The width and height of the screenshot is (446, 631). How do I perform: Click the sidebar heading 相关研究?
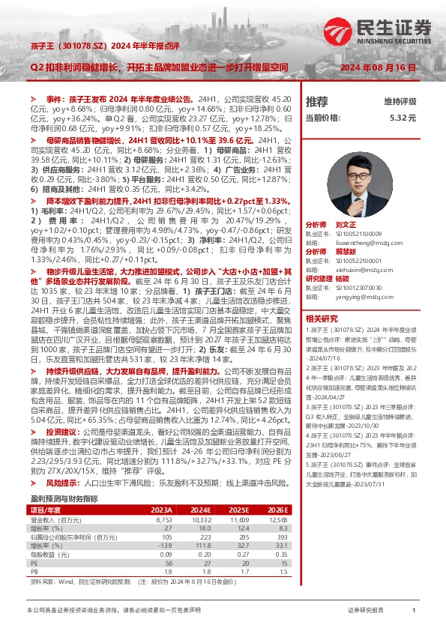[x=322, y=318]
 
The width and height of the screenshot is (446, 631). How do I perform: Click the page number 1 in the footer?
[x=414, y=611]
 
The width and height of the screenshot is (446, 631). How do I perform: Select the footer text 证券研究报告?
[x=367, y=611]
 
